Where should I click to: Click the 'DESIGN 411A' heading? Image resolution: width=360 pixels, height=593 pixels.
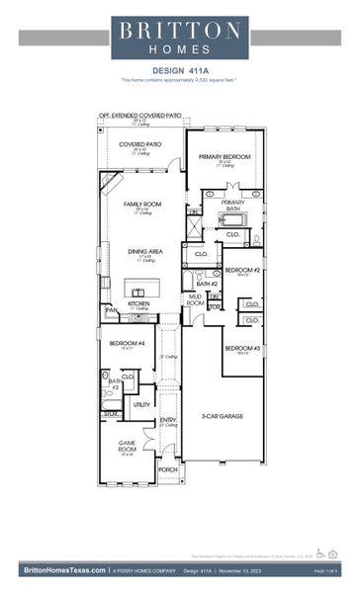coord(179,69)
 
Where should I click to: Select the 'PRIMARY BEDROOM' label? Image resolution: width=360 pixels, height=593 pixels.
coord(225,157)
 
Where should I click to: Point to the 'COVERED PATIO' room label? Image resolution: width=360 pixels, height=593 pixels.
coord(140,144)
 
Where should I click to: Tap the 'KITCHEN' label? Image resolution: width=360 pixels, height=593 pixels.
coord(138,304)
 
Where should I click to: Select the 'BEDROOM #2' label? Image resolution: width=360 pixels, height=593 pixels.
coord(241,270)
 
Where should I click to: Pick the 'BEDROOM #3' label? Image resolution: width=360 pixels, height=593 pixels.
coord(241,349)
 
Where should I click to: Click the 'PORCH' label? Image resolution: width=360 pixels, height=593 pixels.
coord(168,469)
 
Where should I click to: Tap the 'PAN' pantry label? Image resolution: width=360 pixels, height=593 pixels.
coord(111,310)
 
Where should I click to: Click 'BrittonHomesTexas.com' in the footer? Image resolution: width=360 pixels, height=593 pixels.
coord(63,570)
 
